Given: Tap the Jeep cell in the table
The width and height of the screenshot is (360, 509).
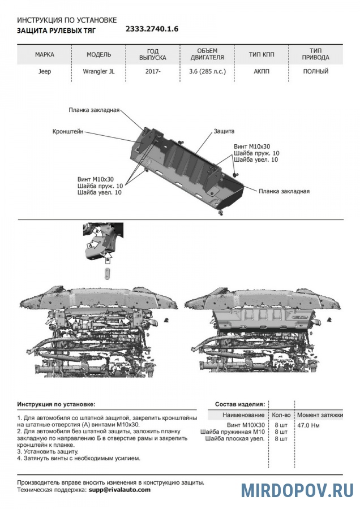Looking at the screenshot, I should [44, 72].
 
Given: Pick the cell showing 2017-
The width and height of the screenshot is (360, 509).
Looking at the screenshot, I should [152, 72].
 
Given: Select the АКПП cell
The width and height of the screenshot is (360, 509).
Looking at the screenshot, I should [261, 72].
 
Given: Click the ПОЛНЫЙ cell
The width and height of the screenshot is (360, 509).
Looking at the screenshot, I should [315, 72].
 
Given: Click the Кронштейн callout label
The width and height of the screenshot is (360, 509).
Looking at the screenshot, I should [68, 131].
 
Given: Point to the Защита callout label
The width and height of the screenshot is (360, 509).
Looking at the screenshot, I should [224, 131].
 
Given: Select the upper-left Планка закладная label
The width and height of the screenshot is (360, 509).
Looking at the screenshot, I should [94, 110].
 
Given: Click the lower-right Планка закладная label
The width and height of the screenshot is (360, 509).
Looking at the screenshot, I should [284, 191].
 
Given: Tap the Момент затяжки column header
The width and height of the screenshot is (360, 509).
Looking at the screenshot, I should [320, 415].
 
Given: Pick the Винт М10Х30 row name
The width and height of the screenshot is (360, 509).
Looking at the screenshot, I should [246, 424].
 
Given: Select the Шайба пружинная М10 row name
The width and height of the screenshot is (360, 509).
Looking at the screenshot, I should [232, 431].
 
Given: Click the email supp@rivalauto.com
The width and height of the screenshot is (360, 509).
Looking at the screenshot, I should [119, 490].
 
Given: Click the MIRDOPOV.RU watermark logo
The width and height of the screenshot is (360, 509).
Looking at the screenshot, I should [297, 490].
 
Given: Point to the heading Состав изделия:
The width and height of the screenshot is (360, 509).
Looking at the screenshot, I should [239, 404].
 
